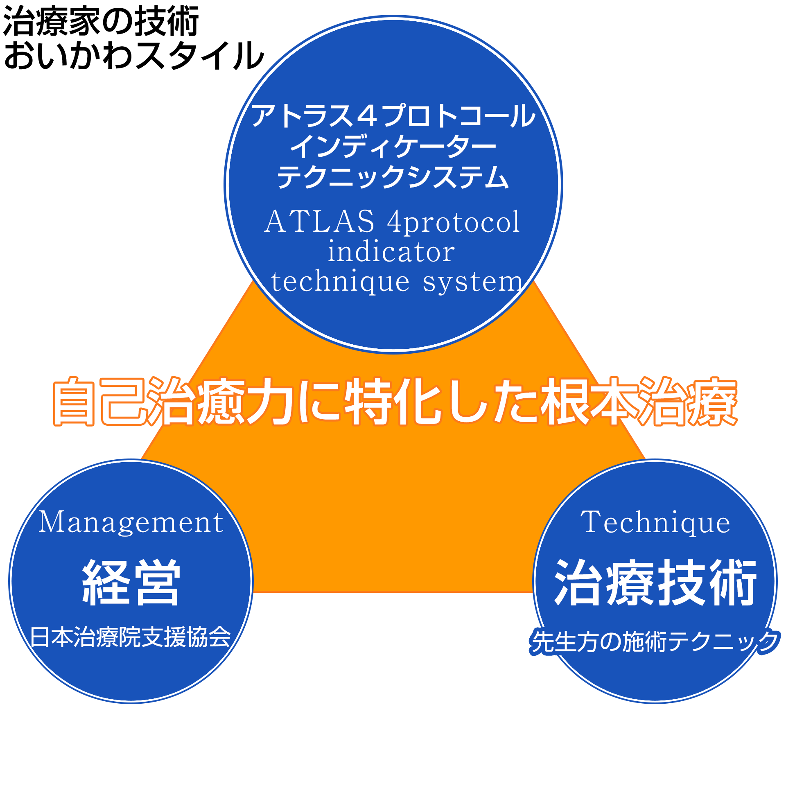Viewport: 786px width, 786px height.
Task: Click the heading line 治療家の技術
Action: tap(101, 21)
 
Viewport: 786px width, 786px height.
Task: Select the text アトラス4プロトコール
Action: tap(393, 116)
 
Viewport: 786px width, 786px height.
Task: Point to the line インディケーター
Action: tap(393, 146)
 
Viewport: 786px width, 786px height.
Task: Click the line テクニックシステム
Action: tap(393, 177)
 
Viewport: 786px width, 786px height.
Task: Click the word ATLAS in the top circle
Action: tap(319, 221)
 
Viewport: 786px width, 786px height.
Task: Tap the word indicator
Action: tap(391, 251)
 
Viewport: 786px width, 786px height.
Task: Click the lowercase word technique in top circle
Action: tap(340, 282)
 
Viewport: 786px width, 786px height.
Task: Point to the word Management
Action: tap(131, 523)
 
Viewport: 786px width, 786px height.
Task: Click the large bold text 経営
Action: tap(131, 582)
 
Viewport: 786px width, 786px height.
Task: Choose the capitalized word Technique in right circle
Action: tap(655, 523)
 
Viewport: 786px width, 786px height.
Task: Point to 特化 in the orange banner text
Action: tap(393, 401)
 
